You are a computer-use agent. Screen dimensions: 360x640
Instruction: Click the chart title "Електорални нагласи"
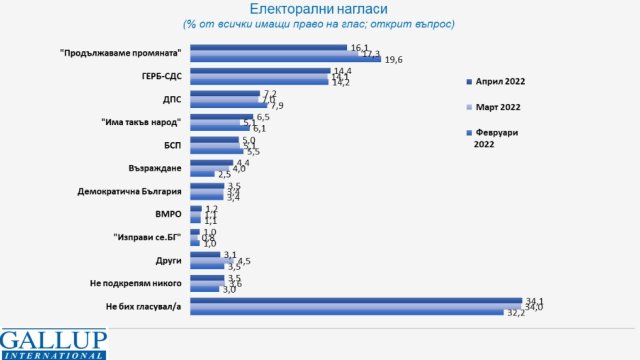(x=321, y=9)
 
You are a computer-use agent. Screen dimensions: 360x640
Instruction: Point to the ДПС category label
(x=167, y=98)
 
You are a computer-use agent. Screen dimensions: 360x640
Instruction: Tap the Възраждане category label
(x=151, y=167)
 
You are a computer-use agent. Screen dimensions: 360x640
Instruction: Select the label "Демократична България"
(x=129, y=190)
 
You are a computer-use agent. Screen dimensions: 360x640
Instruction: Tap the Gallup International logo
(x=58, y=342)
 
